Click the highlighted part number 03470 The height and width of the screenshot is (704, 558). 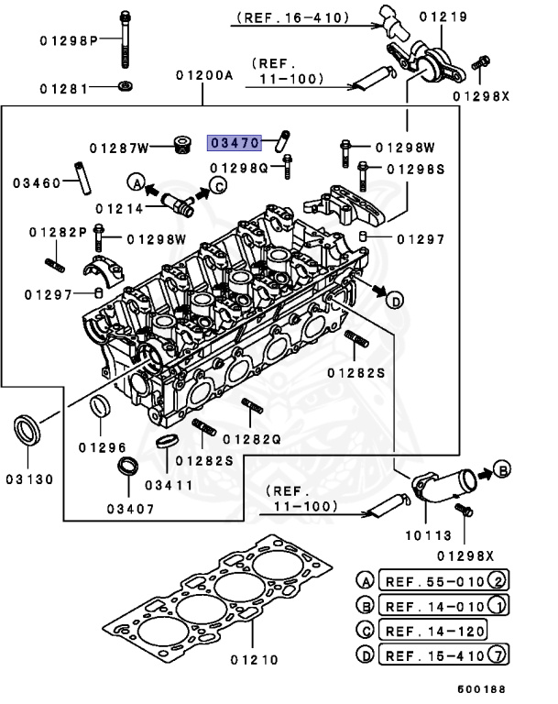[x=235, y=143]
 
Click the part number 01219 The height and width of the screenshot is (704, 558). [x=469, y=16]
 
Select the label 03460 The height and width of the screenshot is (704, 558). [x=37, y=182]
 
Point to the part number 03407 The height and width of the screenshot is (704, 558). [x=128, y=508]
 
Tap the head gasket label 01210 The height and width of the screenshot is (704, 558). [x=253, y=658]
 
